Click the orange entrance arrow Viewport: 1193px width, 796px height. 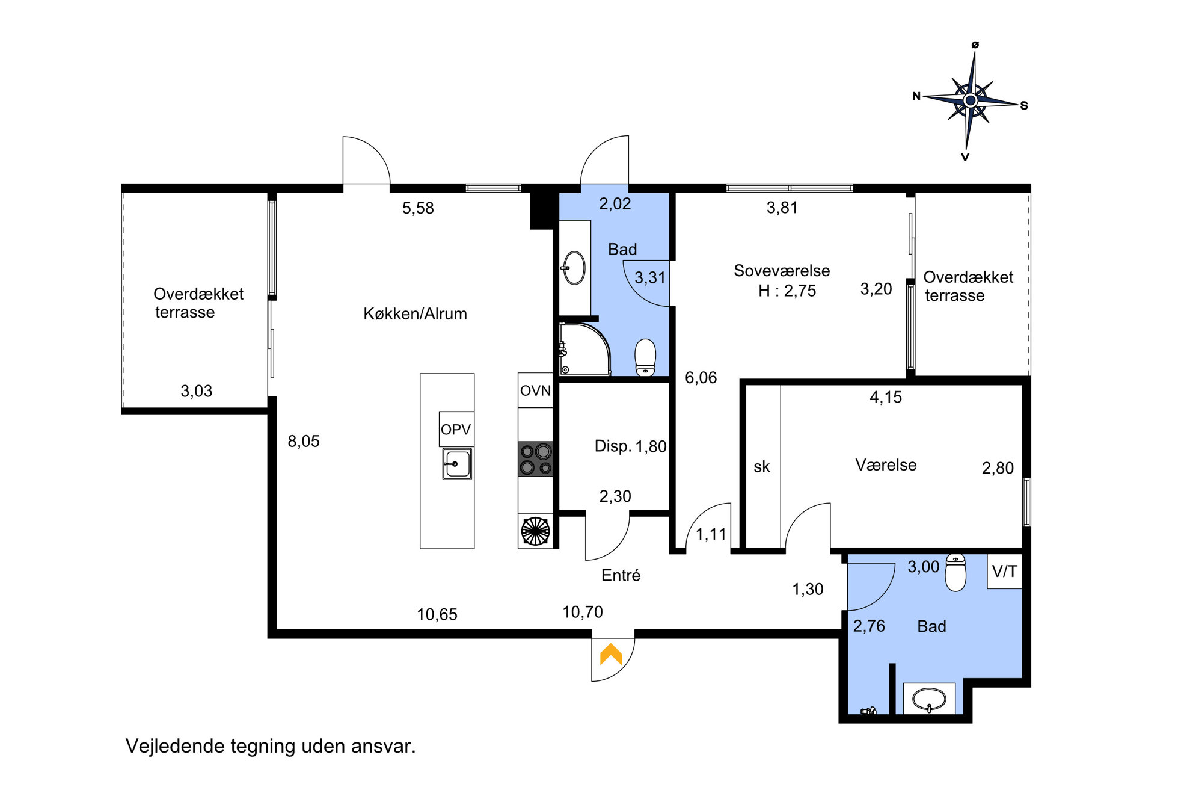(611, 654)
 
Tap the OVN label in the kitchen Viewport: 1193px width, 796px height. (535, 391)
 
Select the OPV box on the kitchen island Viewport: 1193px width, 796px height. (456, 429)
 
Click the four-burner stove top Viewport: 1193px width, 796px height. (536, 459)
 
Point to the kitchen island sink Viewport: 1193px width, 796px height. (457, 464)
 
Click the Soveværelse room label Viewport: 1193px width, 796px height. (782, 271)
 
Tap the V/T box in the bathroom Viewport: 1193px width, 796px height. (1005, 571)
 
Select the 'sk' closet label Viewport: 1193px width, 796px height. (762, 467)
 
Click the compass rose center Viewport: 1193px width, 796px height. (970, 100)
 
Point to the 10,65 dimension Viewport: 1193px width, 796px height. (437, 614)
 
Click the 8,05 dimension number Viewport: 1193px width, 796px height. (304, 442)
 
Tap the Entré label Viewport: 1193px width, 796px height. (621, 575)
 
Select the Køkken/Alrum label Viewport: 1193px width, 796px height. (415, 314)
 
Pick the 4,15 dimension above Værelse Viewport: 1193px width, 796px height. (886, 397)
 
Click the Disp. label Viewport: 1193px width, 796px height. (613, 446)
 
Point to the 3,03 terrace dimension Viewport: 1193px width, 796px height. (197, 391)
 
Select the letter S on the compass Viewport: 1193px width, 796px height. (1023, 105)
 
